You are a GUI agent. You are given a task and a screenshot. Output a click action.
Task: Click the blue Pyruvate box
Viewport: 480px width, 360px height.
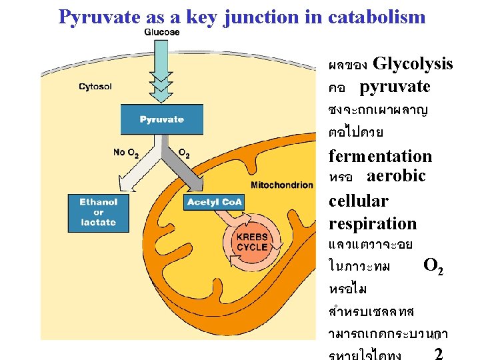click(x=161, y=119)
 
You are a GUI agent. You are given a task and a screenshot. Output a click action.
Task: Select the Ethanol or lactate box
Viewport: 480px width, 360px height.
click(x=99, y=211)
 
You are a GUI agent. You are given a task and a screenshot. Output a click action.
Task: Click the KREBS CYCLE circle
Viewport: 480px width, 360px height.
click(x=252, y=241)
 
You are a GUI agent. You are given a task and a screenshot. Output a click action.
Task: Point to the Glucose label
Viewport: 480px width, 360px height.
click(x=161, y=32)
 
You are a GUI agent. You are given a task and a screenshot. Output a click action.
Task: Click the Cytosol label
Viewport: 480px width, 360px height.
click(x=96, y=86)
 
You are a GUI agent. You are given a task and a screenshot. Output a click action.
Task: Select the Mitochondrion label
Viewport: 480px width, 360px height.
click(x=281, y=185)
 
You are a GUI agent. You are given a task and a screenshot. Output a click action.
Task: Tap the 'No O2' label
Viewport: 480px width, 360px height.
click(x=126, y=153)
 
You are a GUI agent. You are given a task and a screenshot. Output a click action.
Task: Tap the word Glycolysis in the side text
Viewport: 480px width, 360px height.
click(x=413, y=64)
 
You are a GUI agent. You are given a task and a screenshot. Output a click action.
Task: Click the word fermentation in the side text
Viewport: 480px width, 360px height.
click(x=380, y=157)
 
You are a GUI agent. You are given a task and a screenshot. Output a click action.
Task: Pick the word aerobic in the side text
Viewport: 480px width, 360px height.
click(x=395, y=176)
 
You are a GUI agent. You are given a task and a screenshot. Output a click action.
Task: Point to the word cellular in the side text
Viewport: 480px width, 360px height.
click(x=358, y=201)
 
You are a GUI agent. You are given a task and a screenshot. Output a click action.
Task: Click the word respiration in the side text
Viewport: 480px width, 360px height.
click(x=372, y=223)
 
